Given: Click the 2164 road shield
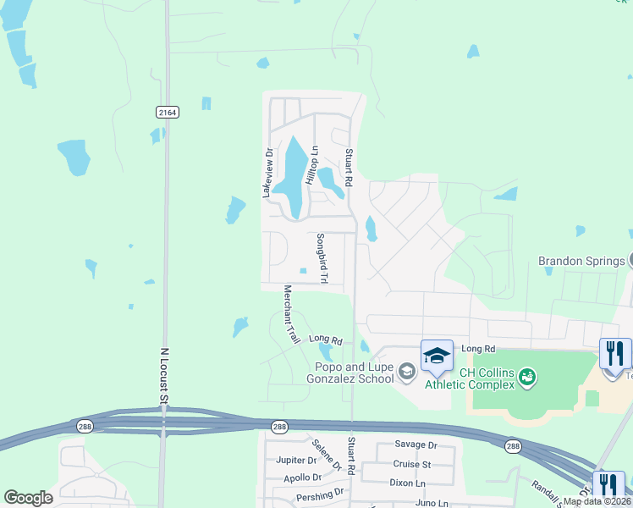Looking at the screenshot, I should click(168, 112).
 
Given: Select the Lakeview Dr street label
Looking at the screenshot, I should click(267, 174).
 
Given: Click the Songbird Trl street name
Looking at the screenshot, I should click(322, 257).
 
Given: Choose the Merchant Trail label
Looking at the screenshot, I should click(291, 314).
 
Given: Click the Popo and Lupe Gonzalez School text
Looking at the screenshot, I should click(354, 373).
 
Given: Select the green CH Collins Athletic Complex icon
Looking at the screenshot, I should click(527, 374).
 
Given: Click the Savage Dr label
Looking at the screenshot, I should click(416, 444).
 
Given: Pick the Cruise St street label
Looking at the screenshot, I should click(412, 464).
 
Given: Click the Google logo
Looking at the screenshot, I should click(28, 498).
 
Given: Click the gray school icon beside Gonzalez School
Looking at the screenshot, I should click(407, 371).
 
